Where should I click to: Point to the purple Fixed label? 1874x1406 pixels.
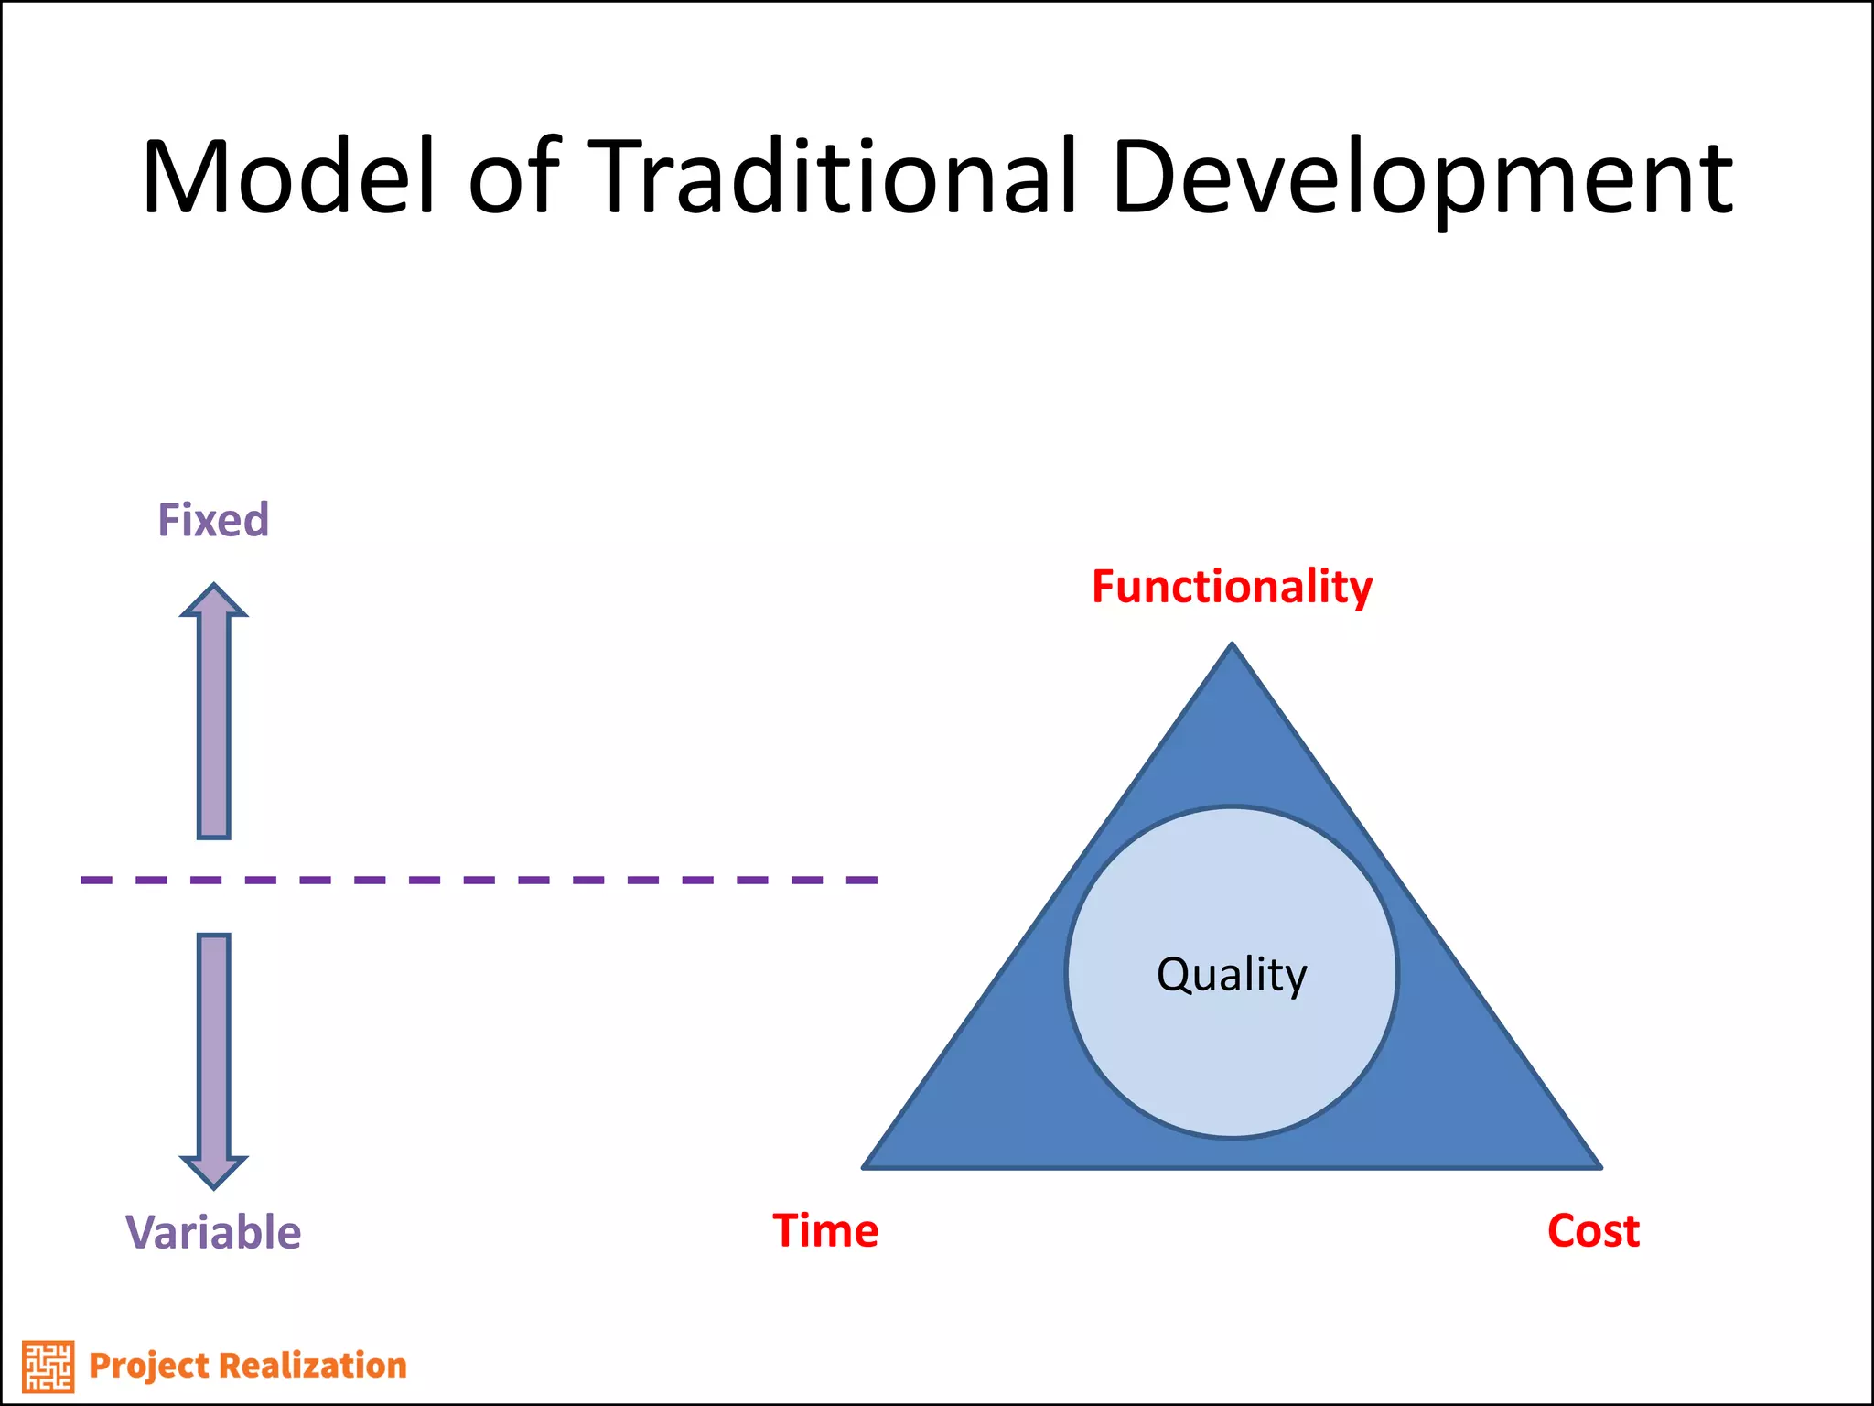[213, 520]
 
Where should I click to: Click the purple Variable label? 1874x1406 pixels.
[213, 1232]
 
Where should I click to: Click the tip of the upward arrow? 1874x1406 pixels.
[213, 587]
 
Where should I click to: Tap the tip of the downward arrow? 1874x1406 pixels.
[213, 1186]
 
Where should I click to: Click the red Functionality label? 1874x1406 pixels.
[1232, 587]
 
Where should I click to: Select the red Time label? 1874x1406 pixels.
[825, 1231]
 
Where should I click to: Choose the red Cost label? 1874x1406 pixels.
[1593, 1231]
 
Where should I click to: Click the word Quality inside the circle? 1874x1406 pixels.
[1232, 974]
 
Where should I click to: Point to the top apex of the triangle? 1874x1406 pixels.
[1232, 646]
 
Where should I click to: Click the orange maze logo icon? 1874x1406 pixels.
[48, 1367]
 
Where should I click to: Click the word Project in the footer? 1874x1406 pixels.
[149, 1366]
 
